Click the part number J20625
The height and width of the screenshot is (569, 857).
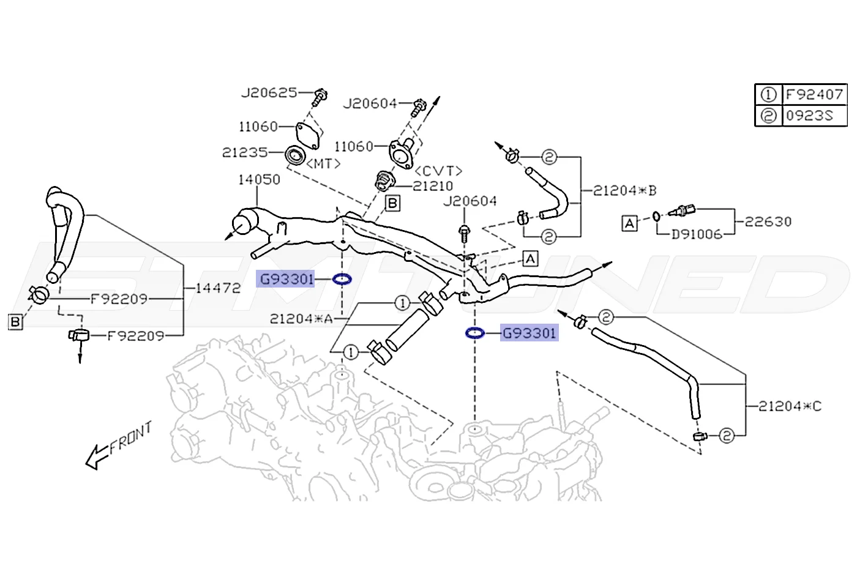click(x=269, y=93)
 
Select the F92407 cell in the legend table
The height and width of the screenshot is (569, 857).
click(x=814, y=94)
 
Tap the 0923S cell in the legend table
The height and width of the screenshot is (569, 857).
click(x=814, y=116)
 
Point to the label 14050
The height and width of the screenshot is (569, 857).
click(x=259, y=180)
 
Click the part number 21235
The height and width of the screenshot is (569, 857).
click(x=244, y=152)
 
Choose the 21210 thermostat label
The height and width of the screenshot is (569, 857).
click(x=433, y=186)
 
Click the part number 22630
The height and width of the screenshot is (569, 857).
click(x=768, y=221)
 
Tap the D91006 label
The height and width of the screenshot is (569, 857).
click(x=697, y=234)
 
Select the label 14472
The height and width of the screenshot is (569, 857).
click(x=218, y=288)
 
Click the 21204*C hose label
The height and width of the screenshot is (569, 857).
click(x=790, y=406)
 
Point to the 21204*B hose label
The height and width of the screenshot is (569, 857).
click(x=624, y=190)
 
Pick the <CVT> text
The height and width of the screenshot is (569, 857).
click(x=438, y=171)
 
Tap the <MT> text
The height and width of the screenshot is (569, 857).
click(x=323, y=164)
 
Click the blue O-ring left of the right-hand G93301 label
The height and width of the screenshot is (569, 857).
click(x=475, y=333)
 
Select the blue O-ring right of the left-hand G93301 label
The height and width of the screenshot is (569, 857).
click(x=342, y=280)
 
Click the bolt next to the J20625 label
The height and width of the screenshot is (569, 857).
click(x=319, y=97)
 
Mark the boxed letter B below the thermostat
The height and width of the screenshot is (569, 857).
click(x=392, y=203)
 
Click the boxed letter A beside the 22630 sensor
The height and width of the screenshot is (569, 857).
click(x=629, y=223)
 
